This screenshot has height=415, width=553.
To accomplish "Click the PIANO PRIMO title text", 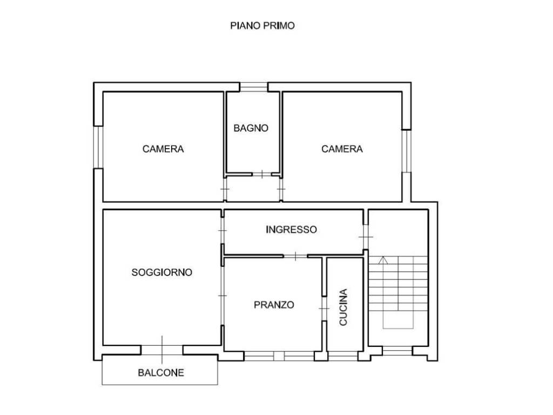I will [262, 25].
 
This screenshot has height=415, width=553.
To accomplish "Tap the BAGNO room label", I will [251, 128].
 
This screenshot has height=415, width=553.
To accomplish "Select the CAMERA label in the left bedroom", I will [163, 149].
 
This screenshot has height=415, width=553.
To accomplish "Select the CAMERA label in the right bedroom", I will [342, 149].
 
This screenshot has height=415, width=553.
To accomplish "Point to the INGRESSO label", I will [291, 230].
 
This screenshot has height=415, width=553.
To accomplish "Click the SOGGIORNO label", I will [162, 272].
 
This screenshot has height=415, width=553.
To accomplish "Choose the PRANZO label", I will [274, 305].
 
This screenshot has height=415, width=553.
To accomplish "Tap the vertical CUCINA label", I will [343, 307].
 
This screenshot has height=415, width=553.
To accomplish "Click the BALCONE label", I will [161, 372].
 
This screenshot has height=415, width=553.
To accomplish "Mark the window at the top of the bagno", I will [253, 86].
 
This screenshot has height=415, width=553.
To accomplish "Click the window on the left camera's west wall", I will [98, 147].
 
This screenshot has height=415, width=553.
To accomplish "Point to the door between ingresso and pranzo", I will [295, 256].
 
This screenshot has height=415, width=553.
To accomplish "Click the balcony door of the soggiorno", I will [162, 349].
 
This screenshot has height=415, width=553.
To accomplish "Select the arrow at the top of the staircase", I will [383, 260].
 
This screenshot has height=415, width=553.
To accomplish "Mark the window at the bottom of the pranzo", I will [278, 356].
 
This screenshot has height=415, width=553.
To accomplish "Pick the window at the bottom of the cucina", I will [343, 356].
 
